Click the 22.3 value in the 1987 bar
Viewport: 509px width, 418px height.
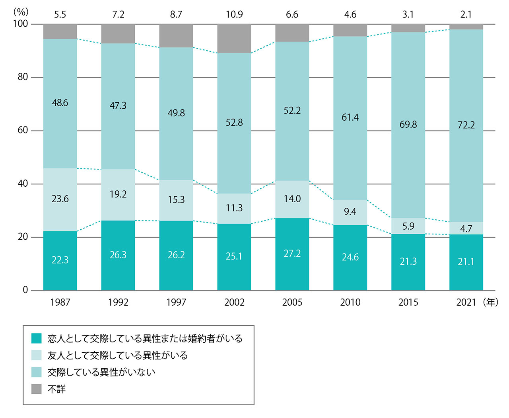pos(60,260)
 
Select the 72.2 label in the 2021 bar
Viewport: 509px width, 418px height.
pos(466,125)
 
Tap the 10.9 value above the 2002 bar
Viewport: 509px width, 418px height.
pos(234,15)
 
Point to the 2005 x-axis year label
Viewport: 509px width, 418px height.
pos(292,303)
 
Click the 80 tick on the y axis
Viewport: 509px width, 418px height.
pos(23,77)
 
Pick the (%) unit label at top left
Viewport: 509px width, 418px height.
pos(21,11)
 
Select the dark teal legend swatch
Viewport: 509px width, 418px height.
pos(37,338)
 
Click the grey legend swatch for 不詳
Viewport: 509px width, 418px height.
pos(37,389)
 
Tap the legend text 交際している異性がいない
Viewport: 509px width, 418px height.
pos(101,372)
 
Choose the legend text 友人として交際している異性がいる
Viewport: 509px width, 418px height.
pos(117,355)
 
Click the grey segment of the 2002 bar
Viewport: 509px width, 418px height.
pos(234,39)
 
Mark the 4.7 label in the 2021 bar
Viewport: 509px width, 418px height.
pos(466,229)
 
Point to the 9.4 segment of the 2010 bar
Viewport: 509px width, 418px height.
pos(350,212)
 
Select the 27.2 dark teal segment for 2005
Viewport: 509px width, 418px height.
pos(292,254)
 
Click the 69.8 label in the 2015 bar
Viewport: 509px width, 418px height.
pos(408,125)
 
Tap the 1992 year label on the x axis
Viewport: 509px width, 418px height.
pos(118,303)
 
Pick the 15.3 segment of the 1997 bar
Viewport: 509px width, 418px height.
pos(176,200)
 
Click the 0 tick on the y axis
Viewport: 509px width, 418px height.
pos(25,290)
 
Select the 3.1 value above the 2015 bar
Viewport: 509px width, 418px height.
pos(408,15)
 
